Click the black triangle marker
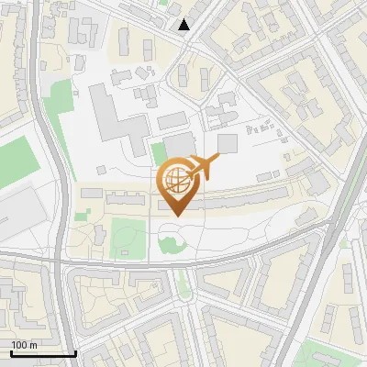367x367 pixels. [184, 25]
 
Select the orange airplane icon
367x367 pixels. [207, 167]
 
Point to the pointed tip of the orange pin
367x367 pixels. [175, 215]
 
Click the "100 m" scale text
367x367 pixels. [24, 345]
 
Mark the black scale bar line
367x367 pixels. [41, 353]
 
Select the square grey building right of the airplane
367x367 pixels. [227, 144]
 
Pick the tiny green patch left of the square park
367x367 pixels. [82, 216]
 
